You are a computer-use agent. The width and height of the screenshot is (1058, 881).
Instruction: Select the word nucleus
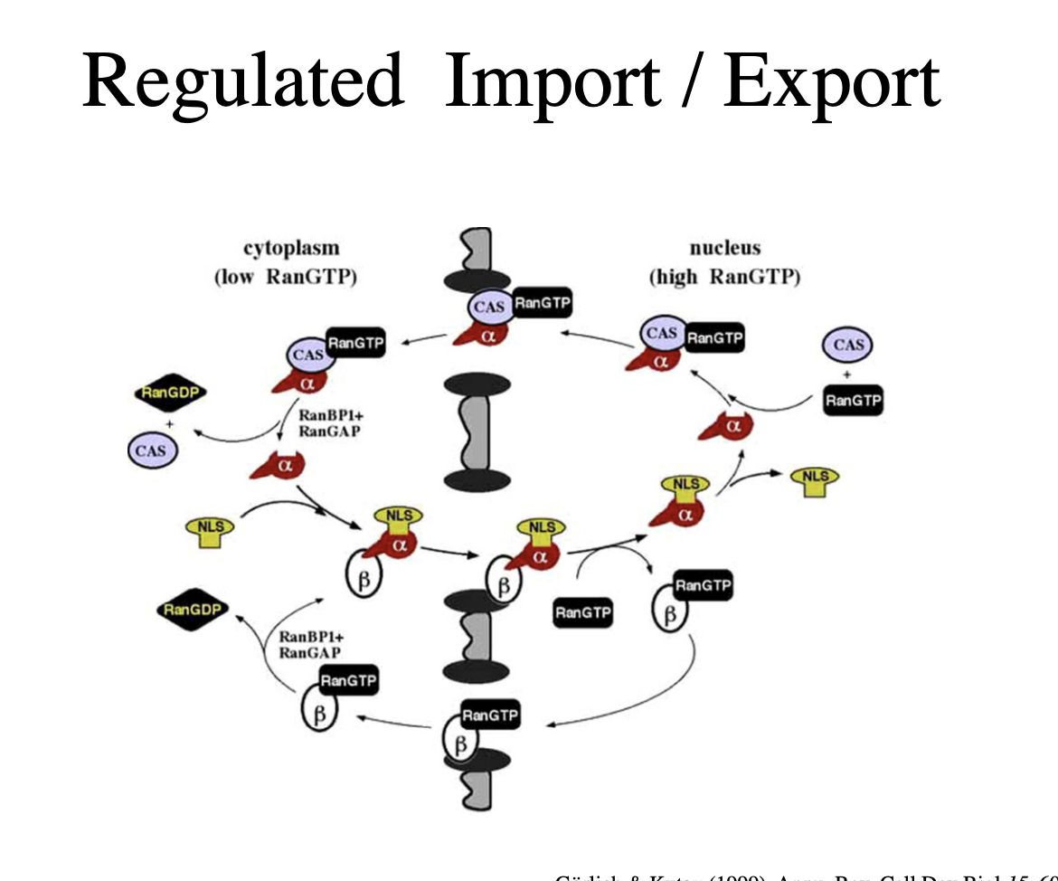coord(724,247)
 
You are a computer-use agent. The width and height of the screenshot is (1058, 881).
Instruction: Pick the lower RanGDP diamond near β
coord(192,610)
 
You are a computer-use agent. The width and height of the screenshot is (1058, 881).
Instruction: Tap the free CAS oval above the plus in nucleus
coord(848,345)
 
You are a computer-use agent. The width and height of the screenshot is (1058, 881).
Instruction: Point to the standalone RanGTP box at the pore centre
coord(582,613)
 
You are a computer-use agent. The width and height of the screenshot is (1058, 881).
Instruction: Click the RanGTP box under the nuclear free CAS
coord(853,400)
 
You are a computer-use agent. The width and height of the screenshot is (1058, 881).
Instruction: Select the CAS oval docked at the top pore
coord(489,308)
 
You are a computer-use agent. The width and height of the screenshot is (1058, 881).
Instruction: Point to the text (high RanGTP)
coord(724,276)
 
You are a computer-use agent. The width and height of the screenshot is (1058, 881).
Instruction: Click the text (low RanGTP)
coord(286,276)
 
